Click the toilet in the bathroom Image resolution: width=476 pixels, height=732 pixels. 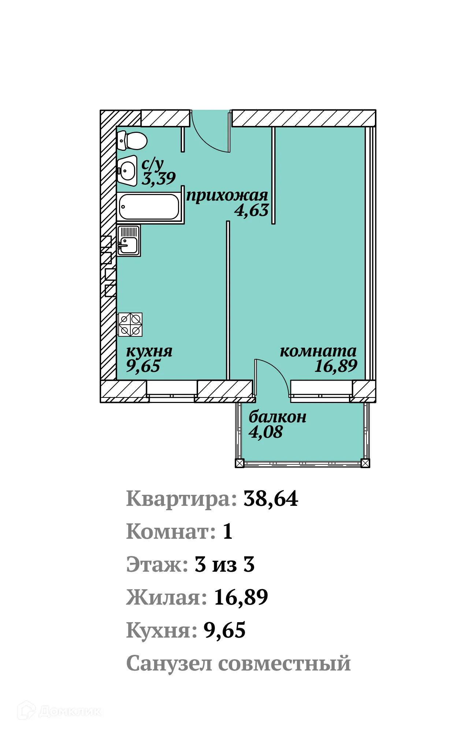[133, 141]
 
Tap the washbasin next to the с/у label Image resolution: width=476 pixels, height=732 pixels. [127, 171]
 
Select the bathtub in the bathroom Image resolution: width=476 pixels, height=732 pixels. [149, 207]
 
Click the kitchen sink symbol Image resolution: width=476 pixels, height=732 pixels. [129, 240]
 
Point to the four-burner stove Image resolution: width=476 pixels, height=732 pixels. [130, 325]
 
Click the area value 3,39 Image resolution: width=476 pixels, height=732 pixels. [158, 179]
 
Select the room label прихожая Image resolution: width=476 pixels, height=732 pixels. [227, 195]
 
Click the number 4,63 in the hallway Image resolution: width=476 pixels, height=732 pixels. [252, 210]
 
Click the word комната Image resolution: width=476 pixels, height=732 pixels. [318, 351]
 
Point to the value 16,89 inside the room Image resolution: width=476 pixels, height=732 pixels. [336, 366]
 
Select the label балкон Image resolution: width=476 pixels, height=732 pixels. [277, 417]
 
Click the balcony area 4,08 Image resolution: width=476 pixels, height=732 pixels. [265, 432]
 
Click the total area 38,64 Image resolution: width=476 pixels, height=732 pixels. [271, 499]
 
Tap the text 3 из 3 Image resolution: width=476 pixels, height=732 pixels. [224, 565]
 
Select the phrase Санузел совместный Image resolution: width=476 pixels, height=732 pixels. [238, 664]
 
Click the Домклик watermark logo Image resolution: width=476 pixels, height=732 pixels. [59, 711]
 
